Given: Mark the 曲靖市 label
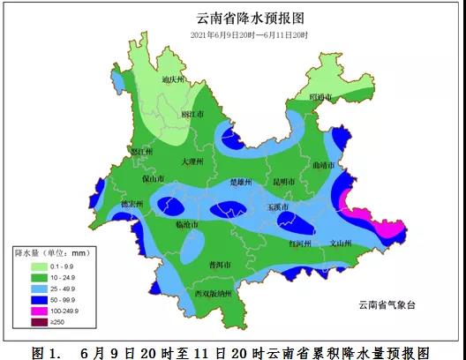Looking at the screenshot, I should [x=324, y=164].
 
